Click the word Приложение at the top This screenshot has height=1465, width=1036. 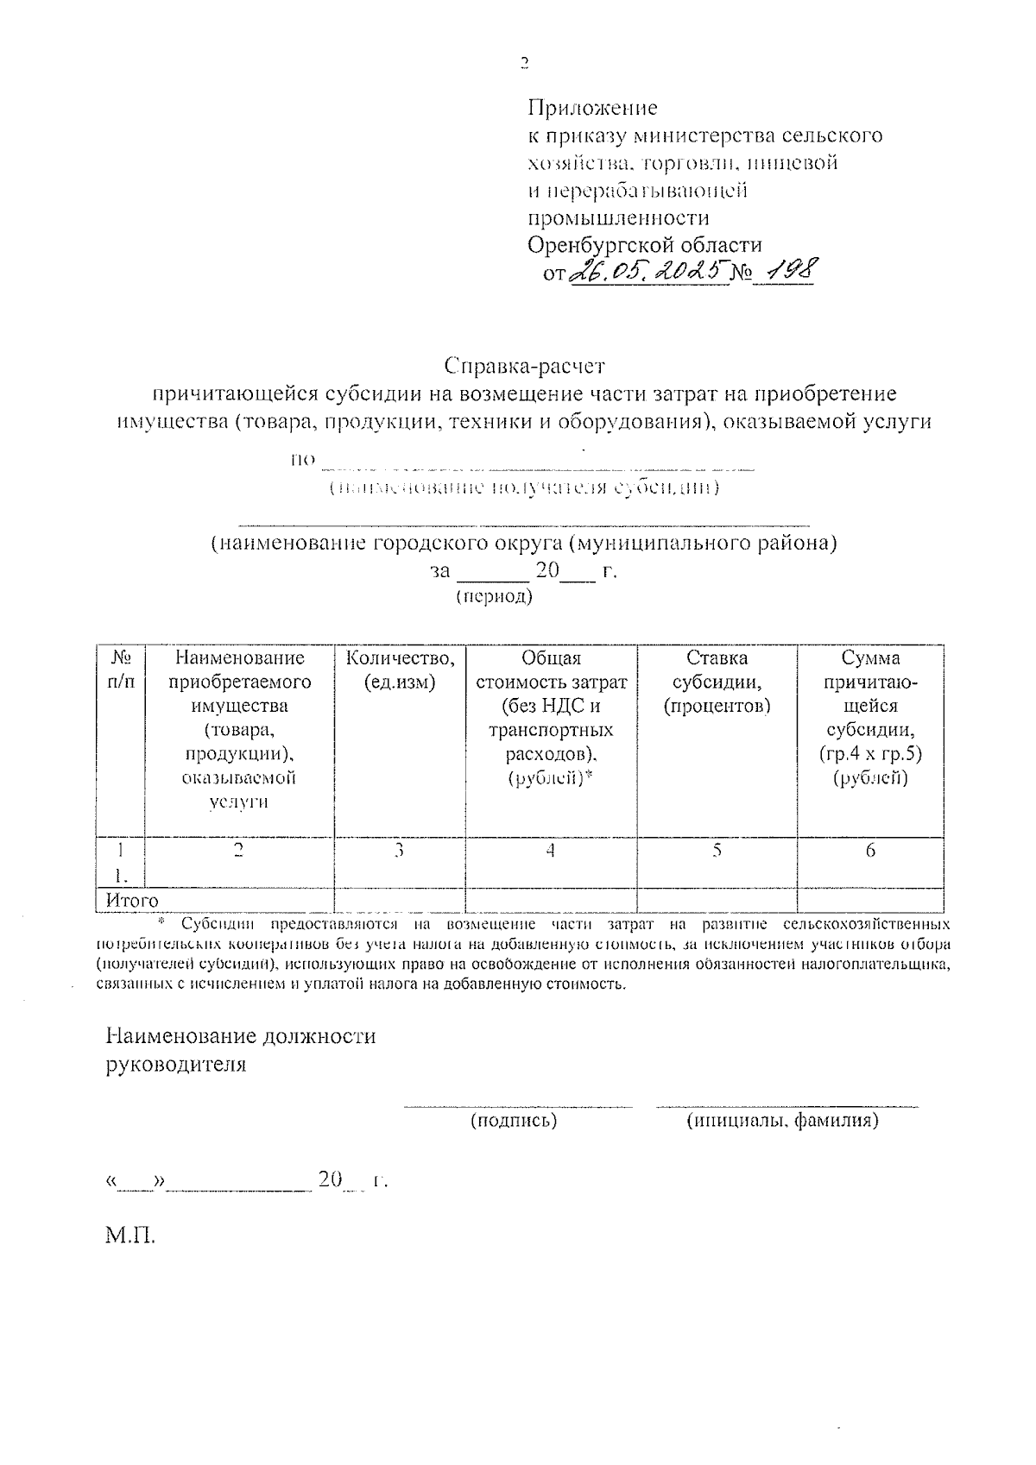592,108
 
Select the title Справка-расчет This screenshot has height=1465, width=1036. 526,366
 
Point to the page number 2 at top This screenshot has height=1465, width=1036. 523,62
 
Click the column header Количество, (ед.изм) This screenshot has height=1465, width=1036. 400,670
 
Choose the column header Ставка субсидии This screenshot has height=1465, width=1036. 717,682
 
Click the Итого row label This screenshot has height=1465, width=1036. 132,901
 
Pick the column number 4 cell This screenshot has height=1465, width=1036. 550,851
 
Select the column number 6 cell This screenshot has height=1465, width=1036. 870,851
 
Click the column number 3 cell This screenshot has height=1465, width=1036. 399,851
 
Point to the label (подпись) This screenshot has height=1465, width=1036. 514,1121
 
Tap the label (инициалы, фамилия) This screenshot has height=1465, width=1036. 783,1121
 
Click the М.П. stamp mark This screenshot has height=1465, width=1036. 130,1236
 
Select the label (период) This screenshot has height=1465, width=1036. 494,596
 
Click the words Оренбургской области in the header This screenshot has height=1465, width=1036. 645,245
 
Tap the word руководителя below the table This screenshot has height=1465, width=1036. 175,1064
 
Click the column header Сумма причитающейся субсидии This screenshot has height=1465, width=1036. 870,718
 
